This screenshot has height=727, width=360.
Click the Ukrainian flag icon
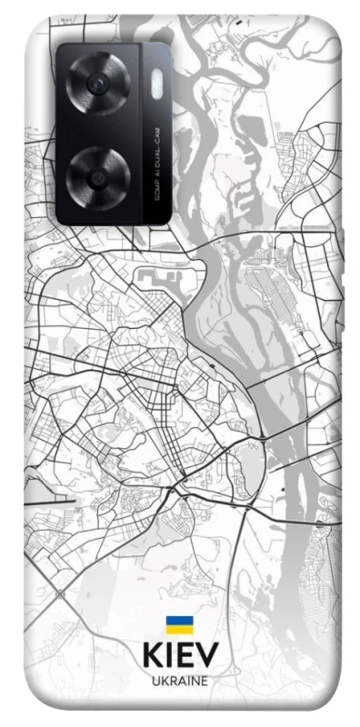179,626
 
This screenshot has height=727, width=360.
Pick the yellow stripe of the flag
179,631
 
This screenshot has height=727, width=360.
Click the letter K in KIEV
151,655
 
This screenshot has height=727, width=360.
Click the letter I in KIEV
169,655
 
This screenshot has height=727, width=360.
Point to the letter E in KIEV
185,655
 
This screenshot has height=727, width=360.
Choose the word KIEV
179,655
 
